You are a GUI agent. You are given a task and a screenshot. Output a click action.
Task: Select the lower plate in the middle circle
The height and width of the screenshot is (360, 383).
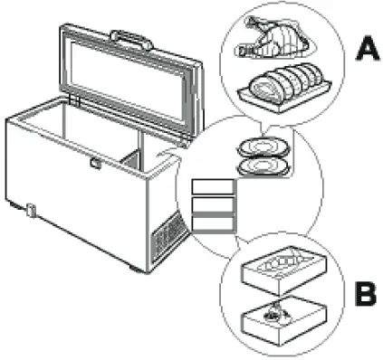pyautogui.click(x=263, y=165)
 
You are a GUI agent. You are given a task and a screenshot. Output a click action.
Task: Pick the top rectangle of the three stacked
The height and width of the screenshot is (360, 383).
pyautogui.click(x=213, y=187)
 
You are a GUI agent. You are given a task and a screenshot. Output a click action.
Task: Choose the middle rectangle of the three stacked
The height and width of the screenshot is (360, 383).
pyautogui.click(x=213, y=206)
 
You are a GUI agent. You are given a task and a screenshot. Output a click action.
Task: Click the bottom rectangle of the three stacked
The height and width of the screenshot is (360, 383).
pyautogui.click(x=213, y=225)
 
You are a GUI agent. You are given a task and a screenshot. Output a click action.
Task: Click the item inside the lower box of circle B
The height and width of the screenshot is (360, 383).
pyautogui.click(x=275, y=314)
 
